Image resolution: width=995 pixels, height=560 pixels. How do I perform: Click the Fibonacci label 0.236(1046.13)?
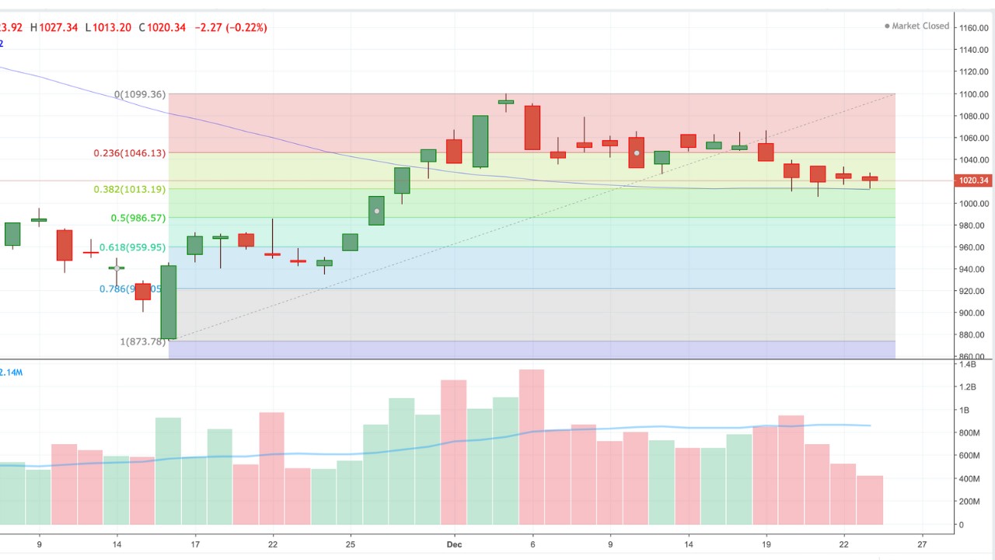(x=129, y=153)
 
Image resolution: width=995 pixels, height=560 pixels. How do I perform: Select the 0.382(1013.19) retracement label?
(x=129, y=189)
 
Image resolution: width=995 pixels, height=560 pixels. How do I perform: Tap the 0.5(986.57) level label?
(x=138, y=218)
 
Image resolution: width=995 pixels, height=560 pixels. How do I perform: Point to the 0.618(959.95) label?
(x=132, y=247)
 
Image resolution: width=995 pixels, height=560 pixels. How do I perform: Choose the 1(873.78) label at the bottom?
(x=143, y=341)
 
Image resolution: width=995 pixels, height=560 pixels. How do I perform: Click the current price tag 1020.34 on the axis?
(x=974, y=180)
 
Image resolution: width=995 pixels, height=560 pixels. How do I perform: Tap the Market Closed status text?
(x=920, y=26)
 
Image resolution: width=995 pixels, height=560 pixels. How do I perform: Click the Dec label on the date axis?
(x=455, y=544)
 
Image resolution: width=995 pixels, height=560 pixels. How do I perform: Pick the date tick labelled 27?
(x=922, y=544)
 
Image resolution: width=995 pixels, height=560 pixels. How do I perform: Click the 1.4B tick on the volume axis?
(x=968, y=364)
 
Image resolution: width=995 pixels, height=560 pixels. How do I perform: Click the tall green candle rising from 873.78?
(x=169, y=302)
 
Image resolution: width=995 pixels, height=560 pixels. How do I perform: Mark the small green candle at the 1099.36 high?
(x=506, y=101)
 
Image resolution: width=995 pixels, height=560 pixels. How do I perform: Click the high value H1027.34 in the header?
(x=54, y=27)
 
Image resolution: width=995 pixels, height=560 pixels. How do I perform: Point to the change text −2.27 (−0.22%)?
(x=231, y=27)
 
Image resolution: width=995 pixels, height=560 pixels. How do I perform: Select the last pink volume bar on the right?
(x=870, y=499)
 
